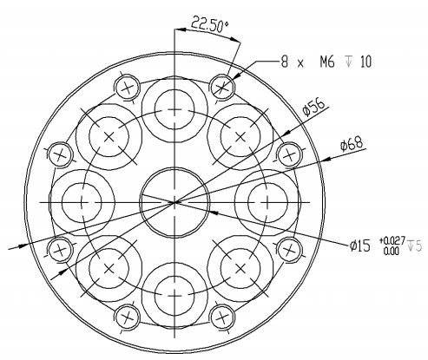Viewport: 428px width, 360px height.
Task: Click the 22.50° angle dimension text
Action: [210, 23]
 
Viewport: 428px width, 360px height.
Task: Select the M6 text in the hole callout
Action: [327, 62]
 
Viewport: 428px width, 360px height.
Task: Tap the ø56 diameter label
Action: [313, 107]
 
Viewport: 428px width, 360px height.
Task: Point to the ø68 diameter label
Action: [352, 143]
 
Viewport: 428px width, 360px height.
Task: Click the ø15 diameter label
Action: [359, 246]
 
